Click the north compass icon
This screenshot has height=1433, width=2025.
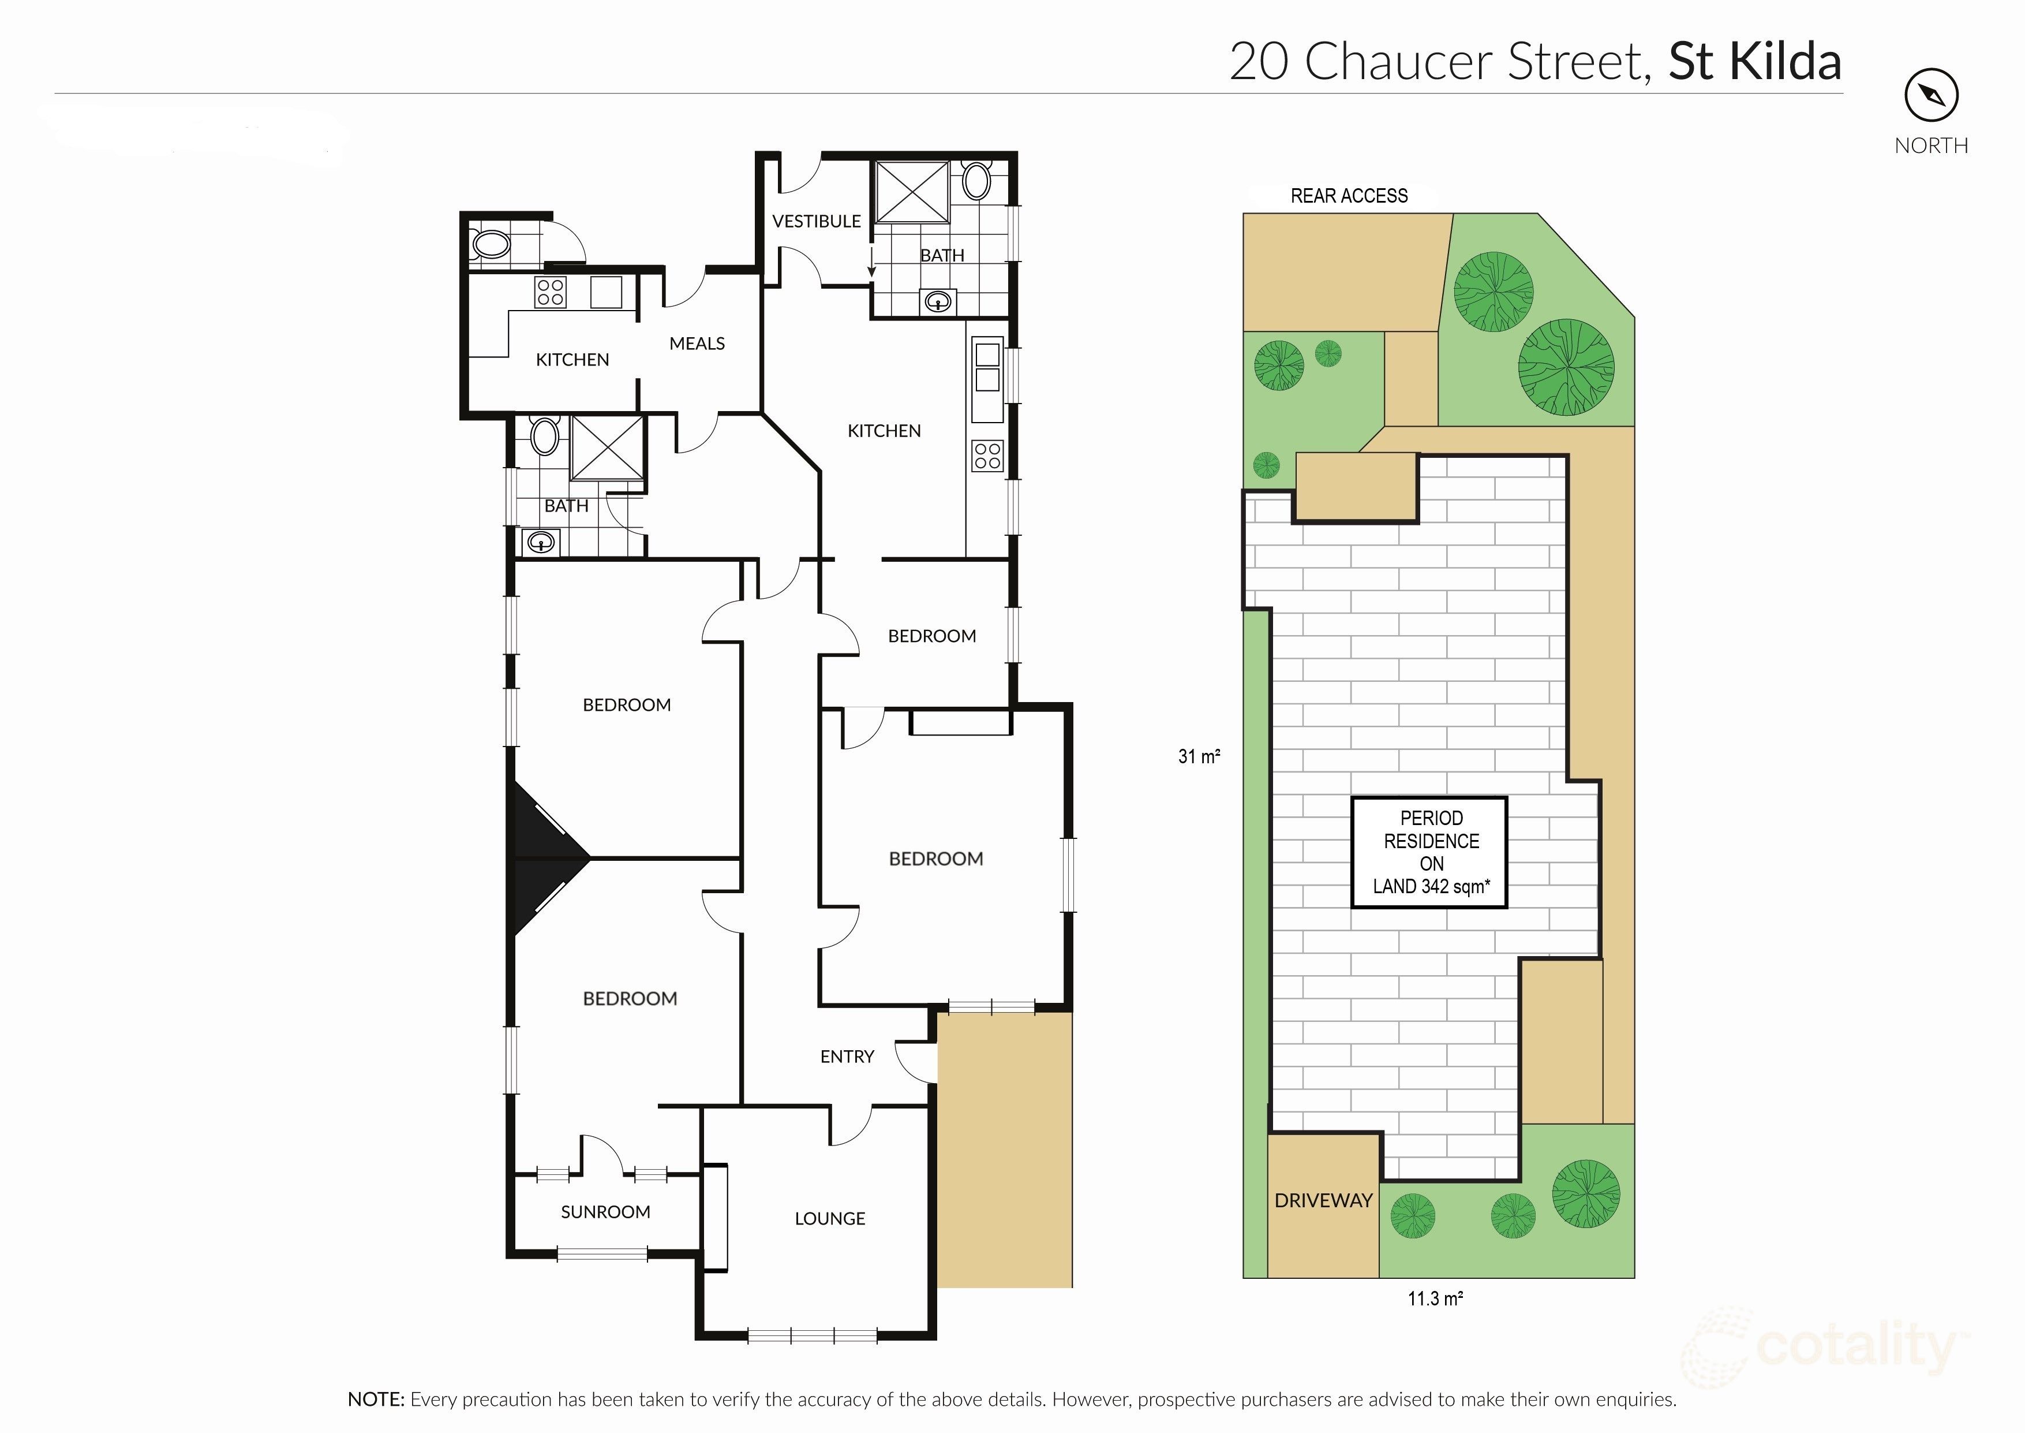point(1930,96)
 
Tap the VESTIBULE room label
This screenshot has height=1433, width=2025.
point(816,222)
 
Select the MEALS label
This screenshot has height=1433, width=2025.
point(697,344)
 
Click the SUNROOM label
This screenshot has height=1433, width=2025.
point(605,1212)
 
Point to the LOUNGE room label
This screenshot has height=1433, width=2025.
point(829,1219)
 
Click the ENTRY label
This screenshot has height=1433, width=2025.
point(847,1056)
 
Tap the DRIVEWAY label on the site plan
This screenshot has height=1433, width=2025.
point(1323,1200)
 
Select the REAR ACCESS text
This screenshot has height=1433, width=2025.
point(1349,196)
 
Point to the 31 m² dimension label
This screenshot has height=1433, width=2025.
point(1199,756)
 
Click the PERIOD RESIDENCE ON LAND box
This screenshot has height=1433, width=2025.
point(1429,852)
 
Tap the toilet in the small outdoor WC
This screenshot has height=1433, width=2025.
point(491,244)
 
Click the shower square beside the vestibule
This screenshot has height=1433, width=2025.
point(911,192)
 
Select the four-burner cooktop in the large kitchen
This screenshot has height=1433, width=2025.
point(987,456)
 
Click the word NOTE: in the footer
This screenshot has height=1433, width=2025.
point(376,1400)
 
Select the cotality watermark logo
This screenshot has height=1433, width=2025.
point(1826,1348)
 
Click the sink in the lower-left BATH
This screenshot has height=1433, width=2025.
point(540,542)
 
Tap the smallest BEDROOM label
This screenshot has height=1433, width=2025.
point(931,636)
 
